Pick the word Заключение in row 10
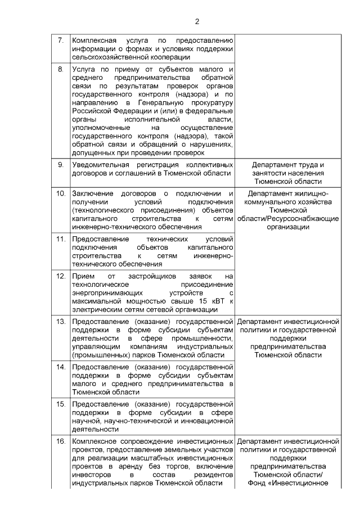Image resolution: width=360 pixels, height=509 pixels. [93, 193]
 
